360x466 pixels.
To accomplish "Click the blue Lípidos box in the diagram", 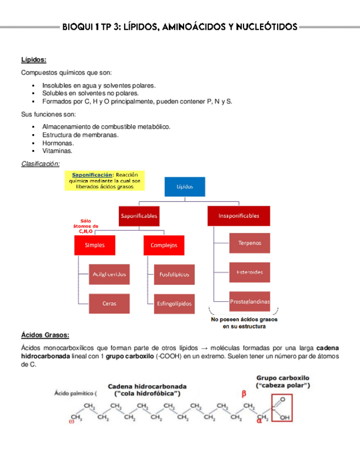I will (185, 186).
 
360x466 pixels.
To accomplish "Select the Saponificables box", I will (139, 216).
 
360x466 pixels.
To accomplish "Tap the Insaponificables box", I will (239, 216).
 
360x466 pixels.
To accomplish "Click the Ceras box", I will (108, 303).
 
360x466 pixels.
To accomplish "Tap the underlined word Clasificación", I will (40, 164).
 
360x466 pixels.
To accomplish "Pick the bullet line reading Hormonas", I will (58, 143).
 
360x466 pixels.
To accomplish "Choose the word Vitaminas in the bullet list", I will (57, 151).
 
